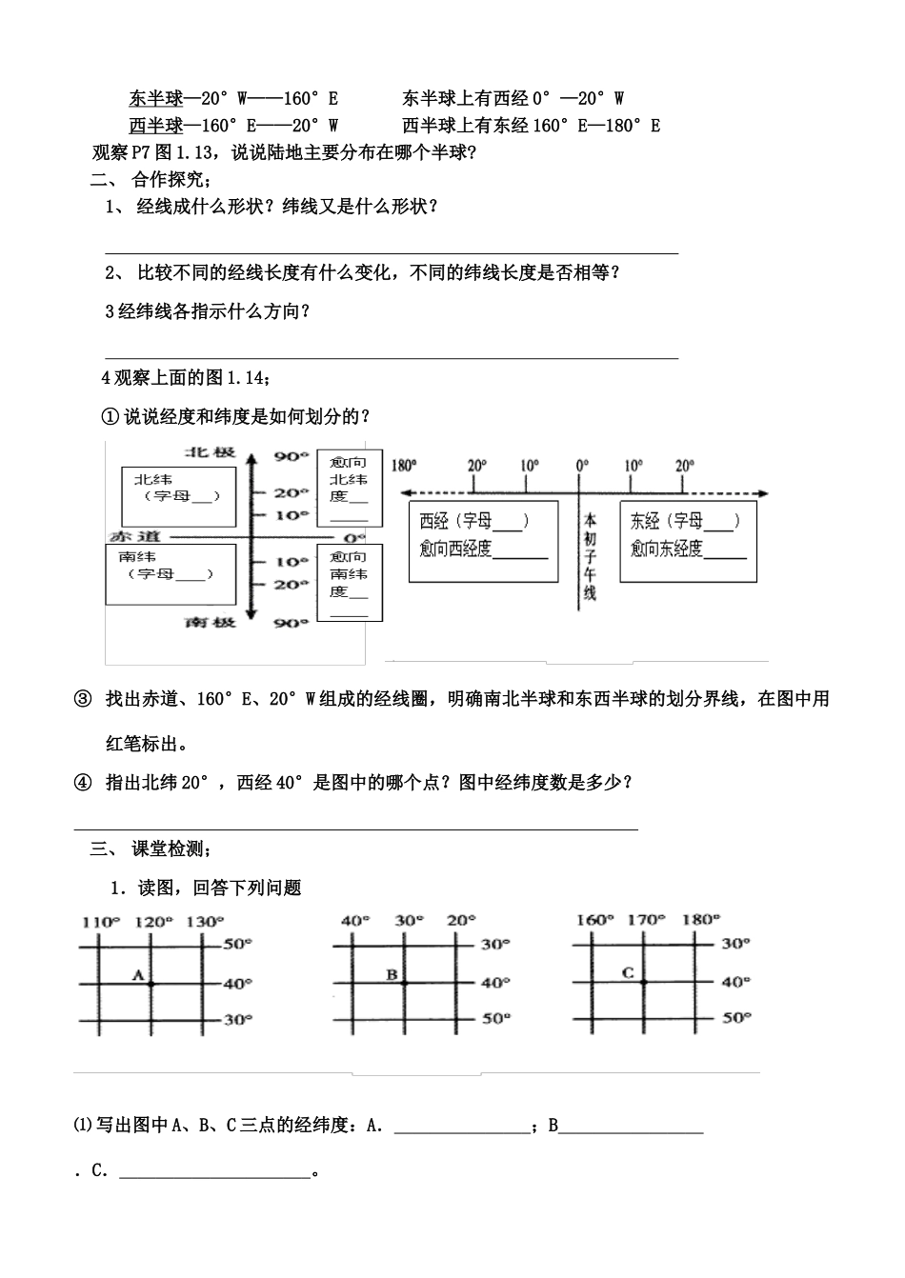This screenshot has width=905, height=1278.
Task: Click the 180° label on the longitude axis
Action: coord(404,466)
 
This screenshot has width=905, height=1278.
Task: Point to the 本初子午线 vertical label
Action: coord(590,557)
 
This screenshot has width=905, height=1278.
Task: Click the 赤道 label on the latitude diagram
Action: coord(129,535)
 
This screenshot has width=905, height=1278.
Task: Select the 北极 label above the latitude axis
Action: coord(209,452)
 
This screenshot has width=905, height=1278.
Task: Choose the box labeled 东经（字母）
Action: coord(689,542)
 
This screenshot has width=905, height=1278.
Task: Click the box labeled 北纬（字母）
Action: coord(178,495)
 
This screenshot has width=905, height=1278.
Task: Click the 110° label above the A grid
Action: coord(101,921)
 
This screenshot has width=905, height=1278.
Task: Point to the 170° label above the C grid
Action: coord(645,920)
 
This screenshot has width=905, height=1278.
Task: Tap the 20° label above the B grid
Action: coord(460,920)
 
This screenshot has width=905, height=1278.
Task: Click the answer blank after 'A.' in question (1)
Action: coord(462,1126)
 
